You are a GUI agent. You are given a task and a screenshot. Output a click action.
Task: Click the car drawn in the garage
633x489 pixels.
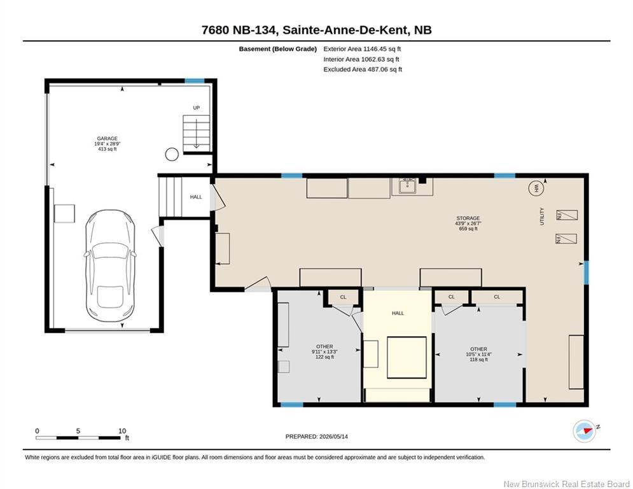(x=110, y=266)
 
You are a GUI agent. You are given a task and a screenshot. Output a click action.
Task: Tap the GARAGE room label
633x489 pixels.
(x=108, y=139)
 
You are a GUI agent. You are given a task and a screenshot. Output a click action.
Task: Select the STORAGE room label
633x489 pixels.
(x=468, y=218)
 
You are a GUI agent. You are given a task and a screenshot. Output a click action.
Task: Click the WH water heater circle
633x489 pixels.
(x=536, y=188)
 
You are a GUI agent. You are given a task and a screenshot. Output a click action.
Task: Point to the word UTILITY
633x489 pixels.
(x=542, y=216)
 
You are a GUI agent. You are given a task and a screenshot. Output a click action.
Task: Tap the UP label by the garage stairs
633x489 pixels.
(x=196, y=108)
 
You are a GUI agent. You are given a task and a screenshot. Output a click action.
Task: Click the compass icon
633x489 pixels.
(x=585, y=431)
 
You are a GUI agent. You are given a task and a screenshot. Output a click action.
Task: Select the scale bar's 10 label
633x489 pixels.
(x=122, y=431)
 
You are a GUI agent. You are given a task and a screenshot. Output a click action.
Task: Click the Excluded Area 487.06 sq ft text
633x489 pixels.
(x=363, y=69)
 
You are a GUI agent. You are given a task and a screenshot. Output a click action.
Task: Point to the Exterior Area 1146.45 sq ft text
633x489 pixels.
(x=362, y=49)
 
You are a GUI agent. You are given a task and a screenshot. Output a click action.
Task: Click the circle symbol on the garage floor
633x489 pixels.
(x=172, y=154)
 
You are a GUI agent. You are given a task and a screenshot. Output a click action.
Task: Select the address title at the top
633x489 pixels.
(x=317, y=30)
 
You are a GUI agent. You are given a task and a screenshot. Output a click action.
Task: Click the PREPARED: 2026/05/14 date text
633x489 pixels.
(x=317, y=436)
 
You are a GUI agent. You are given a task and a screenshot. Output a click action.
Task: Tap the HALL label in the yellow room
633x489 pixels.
(x=398, y=313)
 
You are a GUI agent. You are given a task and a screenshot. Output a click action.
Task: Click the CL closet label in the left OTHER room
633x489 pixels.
(x=343, y=297)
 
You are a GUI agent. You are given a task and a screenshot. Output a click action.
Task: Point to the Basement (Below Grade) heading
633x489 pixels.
(x=278, y=49)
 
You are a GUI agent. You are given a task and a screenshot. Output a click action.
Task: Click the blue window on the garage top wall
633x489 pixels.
(x=195, y=81)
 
